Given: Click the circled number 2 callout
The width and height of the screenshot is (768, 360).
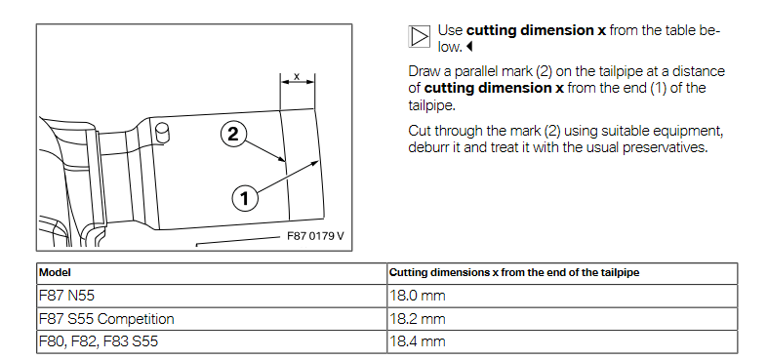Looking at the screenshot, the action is click(x=233, y=134).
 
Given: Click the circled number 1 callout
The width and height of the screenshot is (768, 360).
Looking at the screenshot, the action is click(x=244, y=199).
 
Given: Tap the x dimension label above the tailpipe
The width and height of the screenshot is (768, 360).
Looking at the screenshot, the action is click(x=297, y=76).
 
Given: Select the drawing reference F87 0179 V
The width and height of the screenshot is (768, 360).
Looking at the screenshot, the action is click(x=315, y=236).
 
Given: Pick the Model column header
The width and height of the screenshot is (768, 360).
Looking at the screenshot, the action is click(x=55, y=273).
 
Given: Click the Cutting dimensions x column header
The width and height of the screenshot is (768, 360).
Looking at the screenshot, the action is click(x=514, y=273).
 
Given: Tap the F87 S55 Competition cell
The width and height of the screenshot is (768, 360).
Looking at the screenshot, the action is click(x=106, y=319).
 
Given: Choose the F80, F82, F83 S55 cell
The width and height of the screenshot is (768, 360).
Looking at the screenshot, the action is click(x=99, y=341).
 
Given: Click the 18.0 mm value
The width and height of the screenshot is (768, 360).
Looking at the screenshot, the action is click(x=418, y=296).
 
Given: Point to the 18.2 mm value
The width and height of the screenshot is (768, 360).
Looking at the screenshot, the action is click(x=418, y=319).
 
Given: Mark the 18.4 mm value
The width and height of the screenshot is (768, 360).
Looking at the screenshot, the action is click(x=418, y=341).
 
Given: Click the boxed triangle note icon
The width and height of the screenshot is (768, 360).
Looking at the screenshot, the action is click(x=419, y=37).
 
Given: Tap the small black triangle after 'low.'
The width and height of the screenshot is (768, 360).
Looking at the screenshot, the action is click(x=469, y=47).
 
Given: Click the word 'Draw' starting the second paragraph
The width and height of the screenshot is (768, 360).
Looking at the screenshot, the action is click(x=424, y=71).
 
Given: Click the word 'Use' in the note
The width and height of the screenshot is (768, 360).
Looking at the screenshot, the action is click(x=450, y=30).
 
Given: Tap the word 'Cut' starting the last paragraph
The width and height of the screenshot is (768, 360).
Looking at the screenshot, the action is click(x=420, y=132).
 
